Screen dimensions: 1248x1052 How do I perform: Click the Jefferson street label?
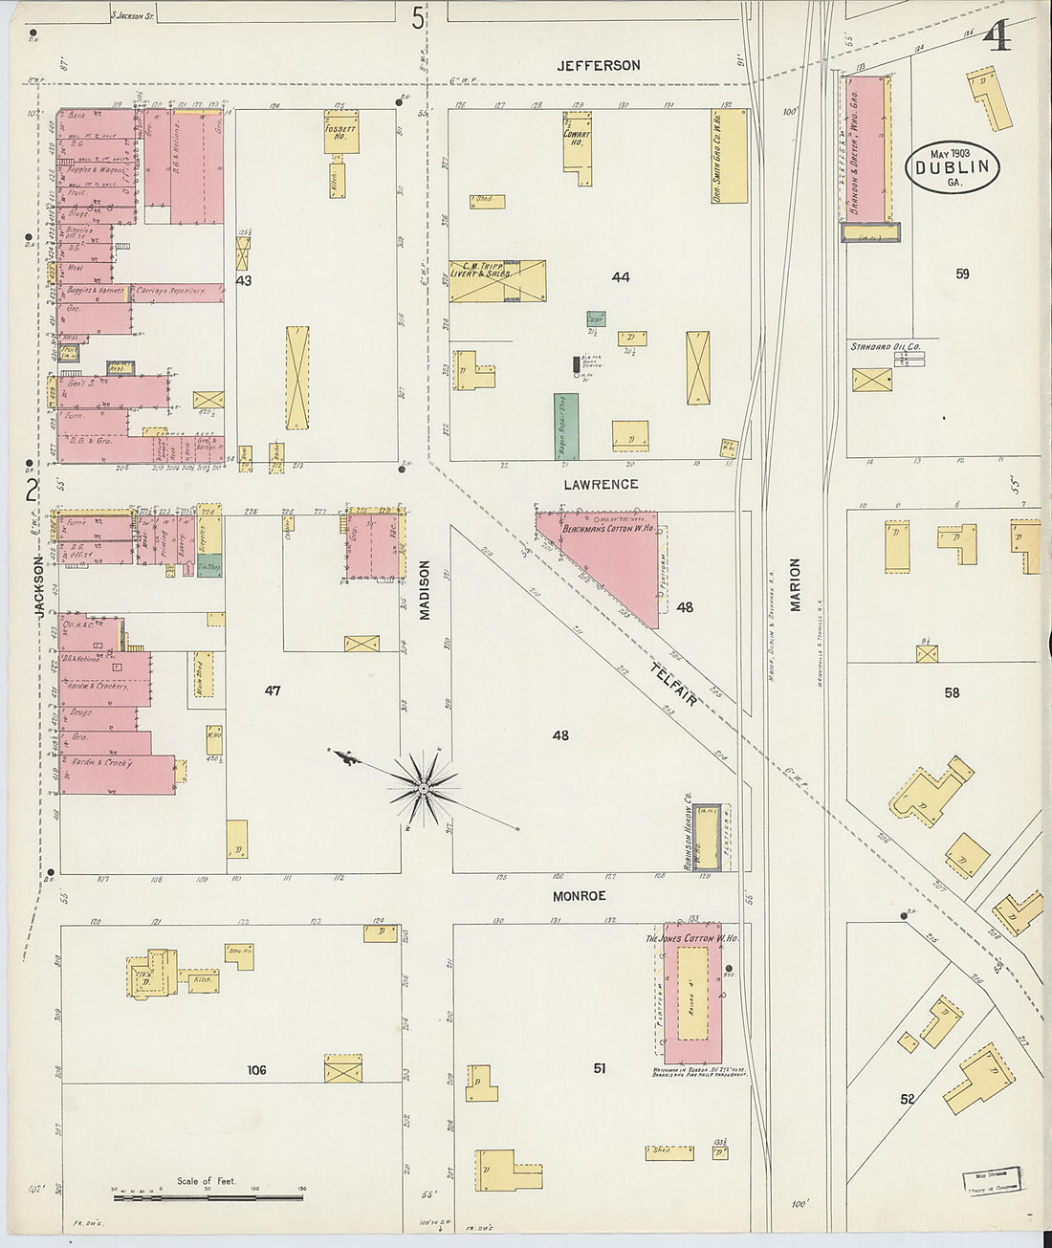coord(599,65)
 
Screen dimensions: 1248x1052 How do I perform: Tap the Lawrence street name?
coord(601,485)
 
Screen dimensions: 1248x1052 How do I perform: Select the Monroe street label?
coord(579,896)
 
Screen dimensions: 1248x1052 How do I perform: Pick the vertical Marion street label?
coord(795,584)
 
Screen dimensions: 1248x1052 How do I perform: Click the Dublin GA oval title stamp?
coord(953,167)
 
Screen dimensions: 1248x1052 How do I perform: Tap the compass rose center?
coord(422,788)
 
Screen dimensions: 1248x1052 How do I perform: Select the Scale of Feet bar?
coord(208,1196)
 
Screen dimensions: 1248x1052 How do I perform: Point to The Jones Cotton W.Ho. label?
coord(691,939)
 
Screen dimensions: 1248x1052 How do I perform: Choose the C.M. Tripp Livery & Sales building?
coord(497,281)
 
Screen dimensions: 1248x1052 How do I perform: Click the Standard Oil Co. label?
coord(885,346)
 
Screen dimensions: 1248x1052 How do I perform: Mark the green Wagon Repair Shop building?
coord(566,426)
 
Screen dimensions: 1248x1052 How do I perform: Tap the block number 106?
coord(256,1070)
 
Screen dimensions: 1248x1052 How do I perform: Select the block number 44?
coord(621,277)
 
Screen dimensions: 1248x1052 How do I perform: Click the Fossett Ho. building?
coord(340,133)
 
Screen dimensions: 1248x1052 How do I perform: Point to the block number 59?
coord(962,274)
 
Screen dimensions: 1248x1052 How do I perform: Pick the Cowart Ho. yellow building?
coord(577,140)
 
